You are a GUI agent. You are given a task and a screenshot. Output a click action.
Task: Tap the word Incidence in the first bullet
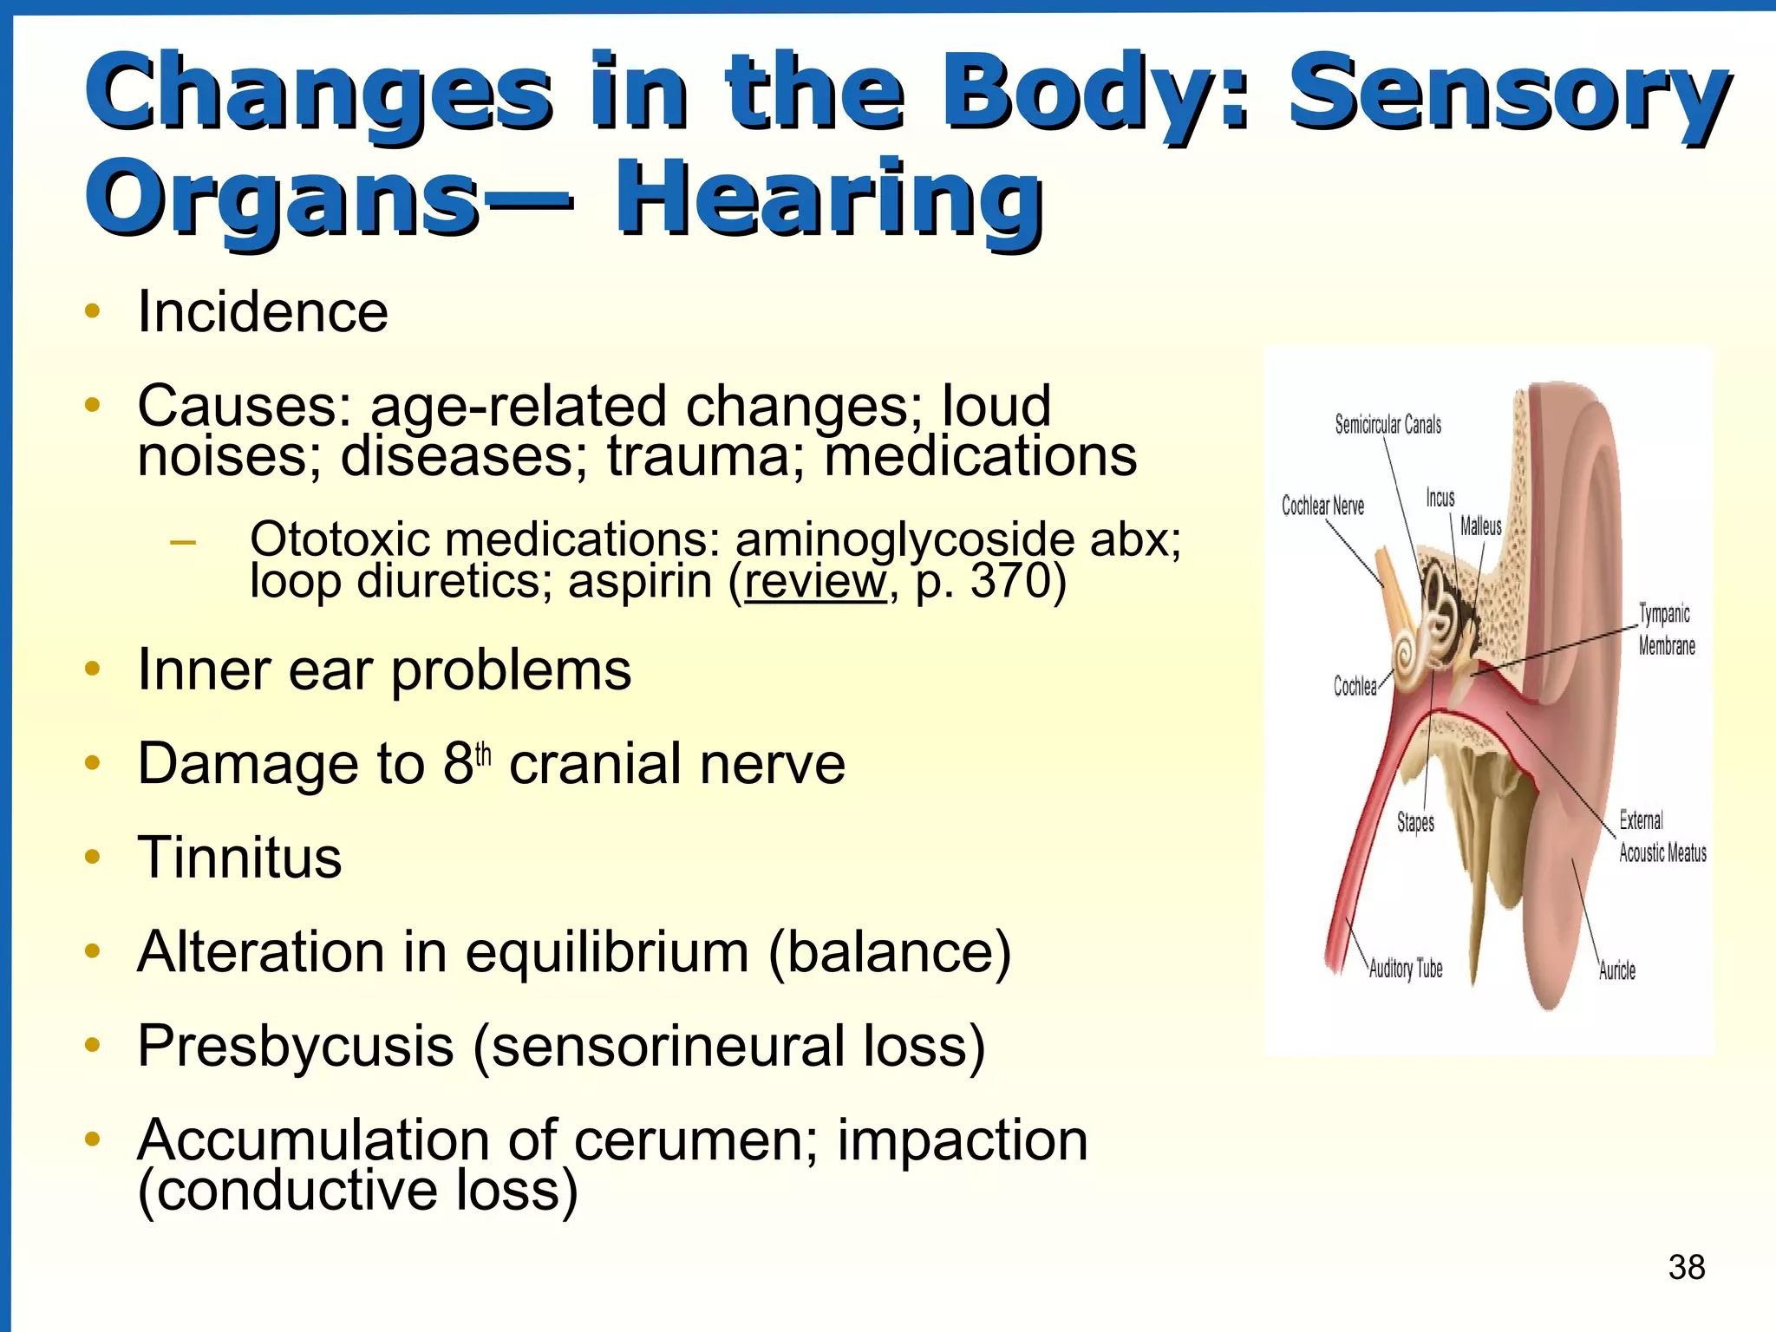(x=263, y=311)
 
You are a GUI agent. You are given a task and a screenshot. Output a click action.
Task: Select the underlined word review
(x=815, y=580)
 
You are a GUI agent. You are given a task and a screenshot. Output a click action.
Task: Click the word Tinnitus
(x=239, y=858)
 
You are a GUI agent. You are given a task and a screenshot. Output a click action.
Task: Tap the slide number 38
(x=1687, y=1267)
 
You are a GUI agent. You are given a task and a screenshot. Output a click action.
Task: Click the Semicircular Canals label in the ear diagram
(x=1387, y=424)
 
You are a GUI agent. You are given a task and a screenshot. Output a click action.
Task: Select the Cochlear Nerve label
(x=1322, y=506)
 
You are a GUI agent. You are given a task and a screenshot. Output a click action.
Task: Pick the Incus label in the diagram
(x=1440, y=498)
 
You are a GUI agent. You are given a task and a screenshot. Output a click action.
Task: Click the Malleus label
(x=1480, y=526)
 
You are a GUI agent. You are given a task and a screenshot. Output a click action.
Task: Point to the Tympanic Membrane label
(x=1665, y=630)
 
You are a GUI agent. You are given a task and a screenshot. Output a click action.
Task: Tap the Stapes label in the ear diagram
(x=1415, y=821)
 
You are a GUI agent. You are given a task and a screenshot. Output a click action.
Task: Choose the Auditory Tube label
(x=1406, y=969)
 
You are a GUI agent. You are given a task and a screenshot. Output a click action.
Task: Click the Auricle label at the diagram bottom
(x=1616, y=970)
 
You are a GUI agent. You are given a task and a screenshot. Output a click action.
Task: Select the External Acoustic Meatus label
(x=1662, y=837)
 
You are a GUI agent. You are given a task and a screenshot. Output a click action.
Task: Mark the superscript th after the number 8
(x=483, y=754)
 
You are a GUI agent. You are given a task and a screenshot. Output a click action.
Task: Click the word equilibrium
(x=607, y=952)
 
